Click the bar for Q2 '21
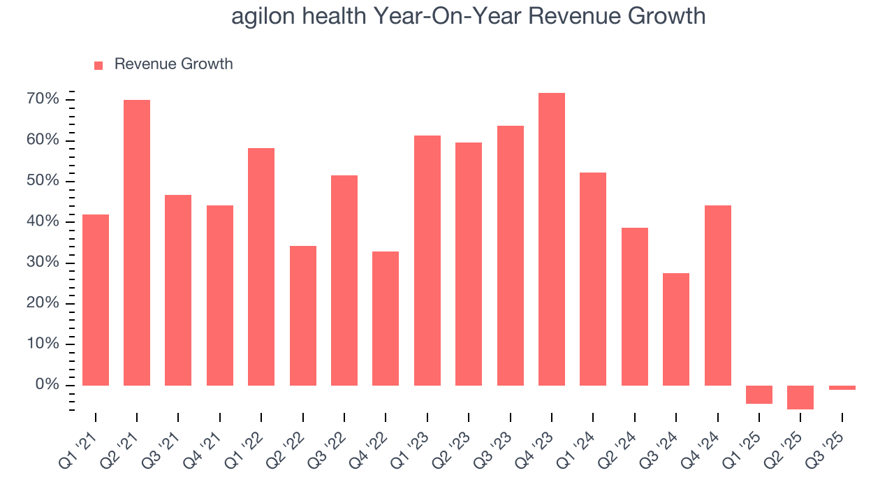[137, 242]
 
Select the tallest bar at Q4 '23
[552, 239]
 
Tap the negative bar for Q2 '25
[800, 397]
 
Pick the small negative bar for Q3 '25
[842, 388]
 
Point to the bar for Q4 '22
[386, 318]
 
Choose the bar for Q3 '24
[676, 329]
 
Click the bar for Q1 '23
[427, 260]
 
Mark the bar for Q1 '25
[759, 394]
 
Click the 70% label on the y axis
[43, 99]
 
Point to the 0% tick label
[47, 385]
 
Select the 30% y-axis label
[43, 263]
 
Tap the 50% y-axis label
[43, 181]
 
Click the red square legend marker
[98, 65]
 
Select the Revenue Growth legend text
[173, 64]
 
